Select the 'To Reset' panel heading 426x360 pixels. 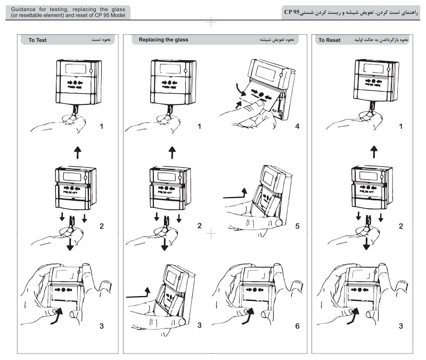330,40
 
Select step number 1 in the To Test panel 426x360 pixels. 102,127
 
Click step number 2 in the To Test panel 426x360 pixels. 102,226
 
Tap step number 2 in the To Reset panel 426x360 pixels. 401,226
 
